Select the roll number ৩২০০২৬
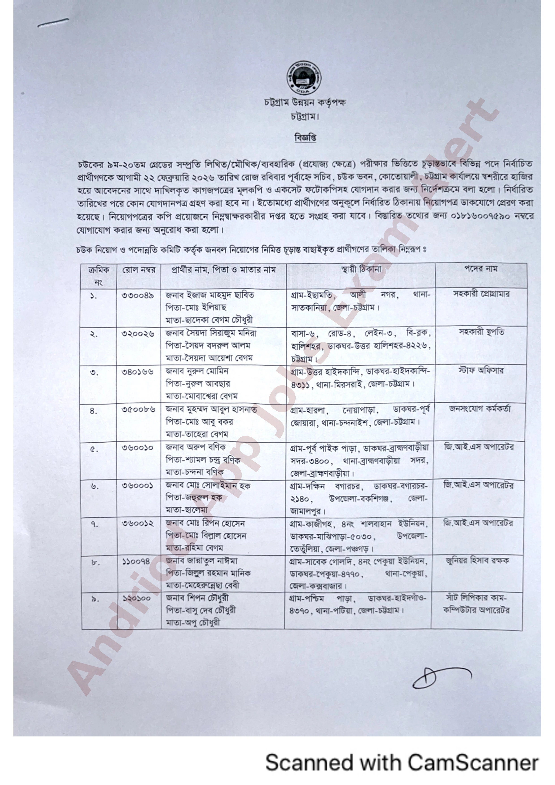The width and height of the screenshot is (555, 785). (138, 333)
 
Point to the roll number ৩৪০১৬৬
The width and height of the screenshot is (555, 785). (138, 372)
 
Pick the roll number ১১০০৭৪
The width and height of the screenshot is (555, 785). (136, 561)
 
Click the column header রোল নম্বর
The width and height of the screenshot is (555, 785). (139, 270)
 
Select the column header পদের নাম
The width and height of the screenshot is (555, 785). (480, 269)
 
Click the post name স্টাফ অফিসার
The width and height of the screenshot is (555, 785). (481, 370)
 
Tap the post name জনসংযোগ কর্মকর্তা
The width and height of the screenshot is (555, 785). (480, 408)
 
